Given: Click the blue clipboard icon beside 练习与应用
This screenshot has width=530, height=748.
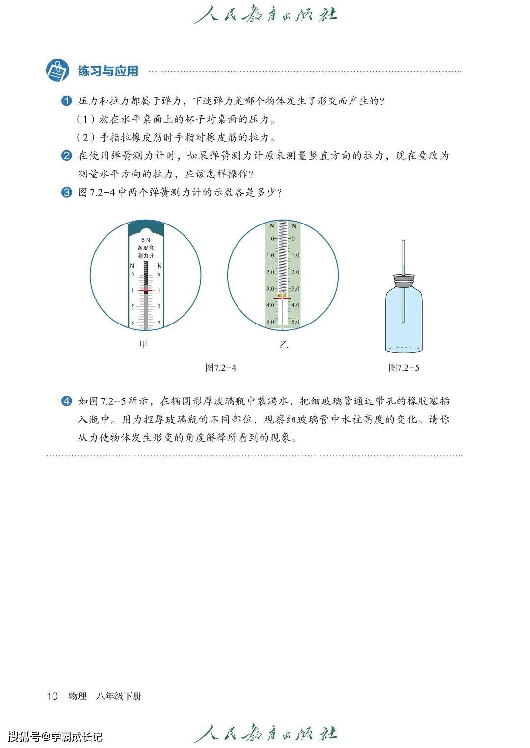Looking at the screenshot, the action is pos(57,71).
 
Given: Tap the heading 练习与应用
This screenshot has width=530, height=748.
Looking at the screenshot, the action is pos(108,71).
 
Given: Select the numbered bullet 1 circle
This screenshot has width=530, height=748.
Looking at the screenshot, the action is pos(67,101).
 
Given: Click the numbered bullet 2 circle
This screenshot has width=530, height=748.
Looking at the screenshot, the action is pos(67,155).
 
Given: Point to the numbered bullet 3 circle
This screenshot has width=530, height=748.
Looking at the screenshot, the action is pos(67,192).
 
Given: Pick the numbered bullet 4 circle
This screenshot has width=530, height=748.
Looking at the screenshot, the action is pos(67,401).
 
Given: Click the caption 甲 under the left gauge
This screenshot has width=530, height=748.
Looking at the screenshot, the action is pos(143,344).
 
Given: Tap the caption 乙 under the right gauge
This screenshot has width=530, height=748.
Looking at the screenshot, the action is pos(284,344).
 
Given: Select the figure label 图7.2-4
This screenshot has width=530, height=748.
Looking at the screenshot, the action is pos(221,368).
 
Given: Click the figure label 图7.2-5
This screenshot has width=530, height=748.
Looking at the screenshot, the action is pos(403,368).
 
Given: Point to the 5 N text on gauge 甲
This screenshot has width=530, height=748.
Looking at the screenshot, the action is pos(146,240).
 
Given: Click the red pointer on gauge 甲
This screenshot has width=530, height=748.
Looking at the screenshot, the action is pos(145,291).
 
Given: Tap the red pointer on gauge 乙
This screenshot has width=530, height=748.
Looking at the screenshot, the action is pos(282,298).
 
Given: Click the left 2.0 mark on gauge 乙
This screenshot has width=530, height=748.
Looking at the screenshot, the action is pos(270,272).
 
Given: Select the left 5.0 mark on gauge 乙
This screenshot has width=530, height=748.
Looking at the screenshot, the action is pos(270,322).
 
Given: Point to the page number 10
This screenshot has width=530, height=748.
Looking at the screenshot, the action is pos(52,696).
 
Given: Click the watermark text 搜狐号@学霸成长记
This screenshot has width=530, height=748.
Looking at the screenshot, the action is pos(55,736).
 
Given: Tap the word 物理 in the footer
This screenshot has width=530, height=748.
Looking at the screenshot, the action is pos(78,696).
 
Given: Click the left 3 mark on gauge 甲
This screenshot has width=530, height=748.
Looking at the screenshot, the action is pos(133,323).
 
